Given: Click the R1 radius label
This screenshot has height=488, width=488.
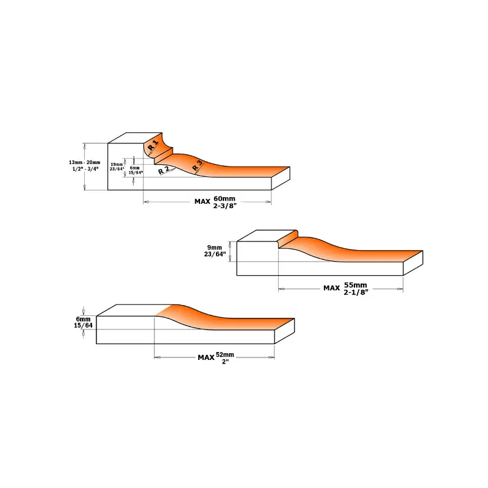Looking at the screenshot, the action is [153, 145].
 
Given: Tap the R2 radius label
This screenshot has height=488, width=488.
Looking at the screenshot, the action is [163, 170].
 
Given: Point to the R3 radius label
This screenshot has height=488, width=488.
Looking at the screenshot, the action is [197, 165].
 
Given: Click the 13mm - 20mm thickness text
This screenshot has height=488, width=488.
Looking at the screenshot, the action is [85, 162].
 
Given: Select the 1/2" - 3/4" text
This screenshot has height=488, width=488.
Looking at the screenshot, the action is [85, 169].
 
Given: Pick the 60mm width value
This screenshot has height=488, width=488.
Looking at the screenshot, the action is [224, 199].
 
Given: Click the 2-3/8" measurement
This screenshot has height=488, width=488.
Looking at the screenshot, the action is [225, 206].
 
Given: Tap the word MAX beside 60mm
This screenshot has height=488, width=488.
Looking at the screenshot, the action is [203, 202].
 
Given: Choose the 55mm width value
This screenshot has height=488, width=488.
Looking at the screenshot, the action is [356, 285].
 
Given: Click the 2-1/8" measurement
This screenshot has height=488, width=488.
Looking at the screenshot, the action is [356, 292].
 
